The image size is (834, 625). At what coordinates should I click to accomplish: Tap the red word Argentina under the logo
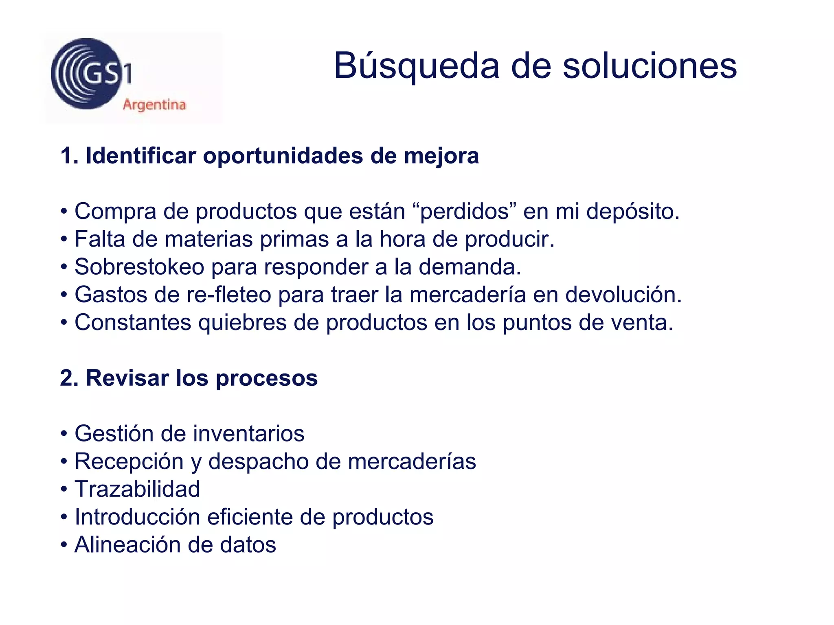click(154, 105)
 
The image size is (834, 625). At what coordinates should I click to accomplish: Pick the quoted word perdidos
click(465, 212)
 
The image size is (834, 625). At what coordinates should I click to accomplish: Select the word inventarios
click(248, 433)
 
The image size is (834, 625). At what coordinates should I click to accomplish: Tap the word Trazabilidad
click(137, 489)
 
